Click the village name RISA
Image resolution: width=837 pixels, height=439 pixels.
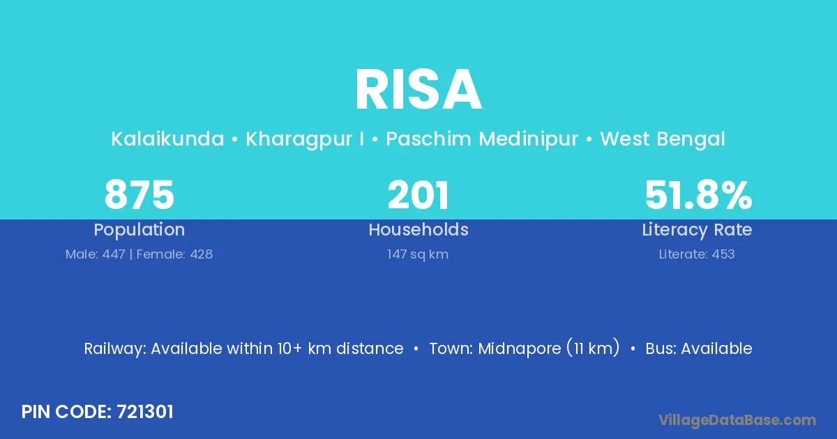click(418, 90)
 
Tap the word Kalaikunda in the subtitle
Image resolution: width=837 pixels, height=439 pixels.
click(167, 139)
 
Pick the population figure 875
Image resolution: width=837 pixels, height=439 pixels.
click(139, 195)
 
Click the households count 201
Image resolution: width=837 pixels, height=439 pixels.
click(418, 195)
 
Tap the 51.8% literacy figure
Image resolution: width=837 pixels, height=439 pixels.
click(698, 195)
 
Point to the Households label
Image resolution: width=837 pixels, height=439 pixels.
click(418, 229)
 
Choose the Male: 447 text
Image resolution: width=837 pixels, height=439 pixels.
click(96, 254)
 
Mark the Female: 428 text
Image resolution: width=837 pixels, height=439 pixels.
click(174, 254)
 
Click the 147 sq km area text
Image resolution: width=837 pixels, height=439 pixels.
click(418, 254)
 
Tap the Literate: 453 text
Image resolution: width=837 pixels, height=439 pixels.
click(697, 254)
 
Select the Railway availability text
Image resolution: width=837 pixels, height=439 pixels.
click(243, 348)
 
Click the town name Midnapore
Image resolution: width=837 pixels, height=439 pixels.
click(520, 348)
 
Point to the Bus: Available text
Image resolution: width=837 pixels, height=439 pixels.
click(699, 348)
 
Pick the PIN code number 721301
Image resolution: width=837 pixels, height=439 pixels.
click(145, 412)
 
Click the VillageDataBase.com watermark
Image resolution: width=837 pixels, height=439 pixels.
click(737, 420)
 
